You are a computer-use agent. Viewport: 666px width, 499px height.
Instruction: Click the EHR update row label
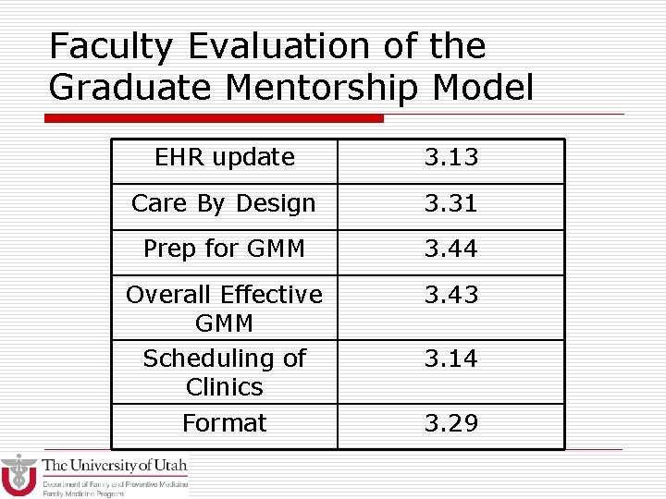[x=225, y=158]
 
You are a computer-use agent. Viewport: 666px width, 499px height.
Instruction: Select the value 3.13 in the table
[x=451, y=158]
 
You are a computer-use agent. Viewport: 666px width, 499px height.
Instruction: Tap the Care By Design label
[x=224, y=204]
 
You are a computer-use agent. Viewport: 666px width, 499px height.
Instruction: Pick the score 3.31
[x=451, y=203]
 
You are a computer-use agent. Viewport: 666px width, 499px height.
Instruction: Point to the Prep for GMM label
[x=224, y=249]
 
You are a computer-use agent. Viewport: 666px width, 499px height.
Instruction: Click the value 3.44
[x=451, y=249]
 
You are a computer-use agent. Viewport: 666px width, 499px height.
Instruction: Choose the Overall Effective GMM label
[x=224, y=309]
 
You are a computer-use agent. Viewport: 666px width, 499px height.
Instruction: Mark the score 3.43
[x=451, y=295]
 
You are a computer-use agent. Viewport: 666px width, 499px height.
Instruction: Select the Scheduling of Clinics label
[x=224, y=372]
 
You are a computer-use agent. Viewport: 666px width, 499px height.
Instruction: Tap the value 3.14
[x=451, y=359]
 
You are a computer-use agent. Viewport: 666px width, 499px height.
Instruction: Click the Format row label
[x=224, y=423]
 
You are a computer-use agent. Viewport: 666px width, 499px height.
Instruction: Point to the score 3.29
[x=451, y=423]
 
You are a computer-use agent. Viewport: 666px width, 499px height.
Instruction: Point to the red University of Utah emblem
[x=18, y=475]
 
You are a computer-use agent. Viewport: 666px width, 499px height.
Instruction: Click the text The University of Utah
[x=115, y=466]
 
